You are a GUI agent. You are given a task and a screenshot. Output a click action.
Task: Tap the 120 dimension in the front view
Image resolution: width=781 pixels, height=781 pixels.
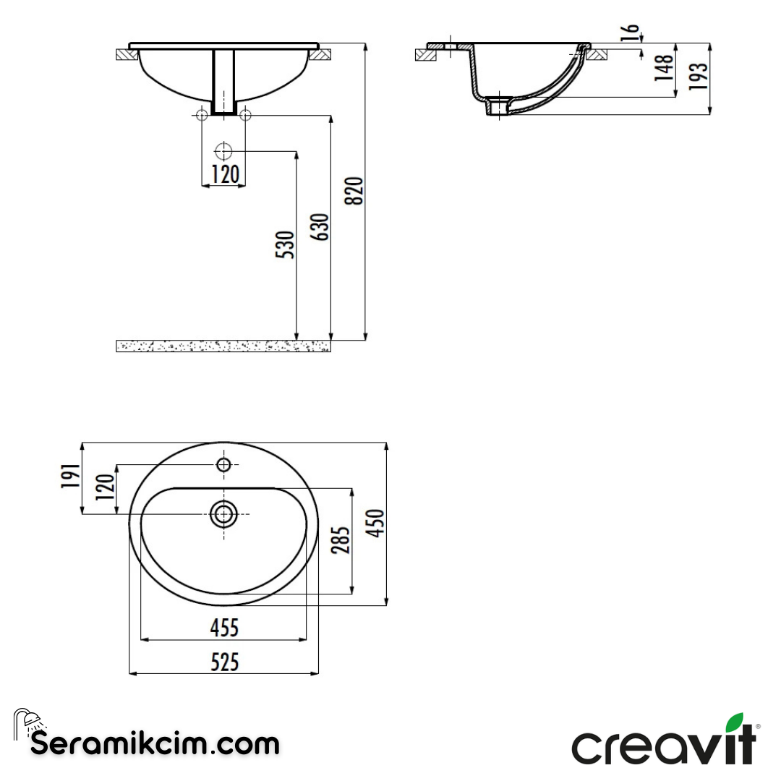point(224,174)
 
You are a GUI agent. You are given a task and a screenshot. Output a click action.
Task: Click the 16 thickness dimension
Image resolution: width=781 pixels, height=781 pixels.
point(631,33)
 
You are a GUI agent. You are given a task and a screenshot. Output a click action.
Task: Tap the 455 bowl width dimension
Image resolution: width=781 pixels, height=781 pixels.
point(224,628)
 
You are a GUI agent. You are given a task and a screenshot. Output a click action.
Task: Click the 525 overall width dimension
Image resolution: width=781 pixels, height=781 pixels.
point(224,662)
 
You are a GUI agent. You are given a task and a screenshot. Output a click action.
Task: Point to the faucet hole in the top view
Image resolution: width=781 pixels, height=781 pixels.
point(224,464)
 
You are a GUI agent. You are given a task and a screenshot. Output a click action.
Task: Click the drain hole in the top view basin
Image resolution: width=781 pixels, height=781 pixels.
point(223,514)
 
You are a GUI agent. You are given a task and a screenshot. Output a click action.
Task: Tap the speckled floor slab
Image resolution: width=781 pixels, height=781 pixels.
point(223,346)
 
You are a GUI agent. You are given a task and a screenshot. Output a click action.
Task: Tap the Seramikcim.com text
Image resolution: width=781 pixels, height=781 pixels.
point(155,743)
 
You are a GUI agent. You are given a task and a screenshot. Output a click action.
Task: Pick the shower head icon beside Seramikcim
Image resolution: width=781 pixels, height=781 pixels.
point(27,721)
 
